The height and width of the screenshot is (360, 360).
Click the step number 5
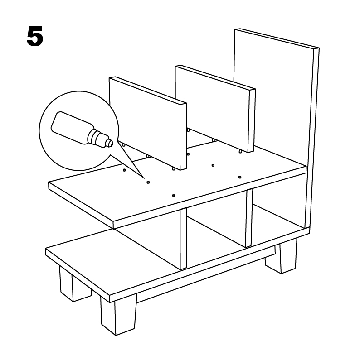(x=35, y=36)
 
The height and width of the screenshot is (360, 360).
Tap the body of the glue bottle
(x=71, y=127)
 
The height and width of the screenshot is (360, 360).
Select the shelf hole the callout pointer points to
(x=148, y=182)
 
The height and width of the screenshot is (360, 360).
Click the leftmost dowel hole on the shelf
(x=124, y=170)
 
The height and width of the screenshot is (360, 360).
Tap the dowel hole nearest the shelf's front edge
(x=174, y=196)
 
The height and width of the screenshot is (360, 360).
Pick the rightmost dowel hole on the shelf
(x=239, y=177)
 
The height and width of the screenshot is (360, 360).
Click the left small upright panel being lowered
(x=148, y=123)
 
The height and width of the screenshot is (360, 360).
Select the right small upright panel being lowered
(x=215, y=108)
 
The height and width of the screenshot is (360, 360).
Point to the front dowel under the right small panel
(x=240, y=152)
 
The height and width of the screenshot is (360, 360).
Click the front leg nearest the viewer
(x=118, y=315)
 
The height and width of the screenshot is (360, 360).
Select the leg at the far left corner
(x=71, y=283)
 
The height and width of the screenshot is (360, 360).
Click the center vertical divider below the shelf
(x=183, y=239)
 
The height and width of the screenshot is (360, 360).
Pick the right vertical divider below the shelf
(x=249, y=218)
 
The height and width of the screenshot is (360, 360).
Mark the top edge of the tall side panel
(x=277, y=38)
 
